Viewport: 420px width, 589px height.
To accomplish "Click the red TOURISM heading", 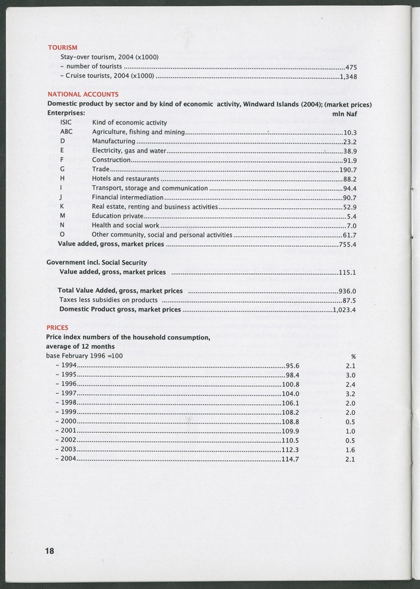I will point(63,47).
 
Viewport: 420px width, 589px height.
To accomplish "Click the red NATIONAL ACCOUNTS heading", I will point(83,95).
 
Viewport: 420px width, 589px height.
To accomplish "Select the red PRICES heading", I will point(59,328).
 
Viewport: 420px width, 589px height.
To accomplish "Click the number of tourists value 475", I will point(351,67).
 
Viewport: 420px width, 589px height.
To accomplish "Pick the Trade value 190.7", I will point(349,170).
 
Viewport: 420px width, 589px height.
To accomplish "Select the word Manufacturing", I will point(113,142).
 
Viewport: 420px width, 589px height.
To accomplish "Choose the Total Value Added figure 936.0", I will point(348,291).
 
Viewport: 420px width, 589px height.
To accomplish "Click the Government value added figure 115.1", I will point(348,273).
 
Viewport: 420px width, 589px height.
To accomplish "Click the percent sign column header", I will point(353,357).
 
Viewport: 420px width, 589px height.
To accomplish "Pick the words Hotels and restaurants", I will point(125,179).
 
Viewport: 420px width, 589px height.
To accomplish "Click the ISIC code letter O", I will point(62,235).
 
